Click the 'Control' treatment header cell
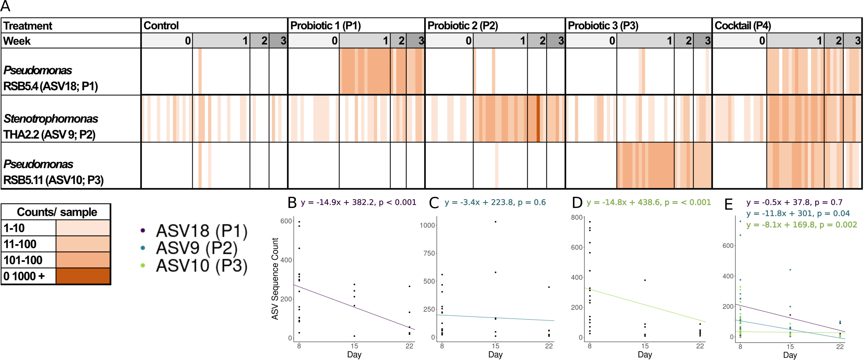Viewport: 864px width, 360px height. coord(161,26)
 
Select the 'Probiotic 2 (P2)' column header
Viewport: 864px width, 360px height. coord(462,26)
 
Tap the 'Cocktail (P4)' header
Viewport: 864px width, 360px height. coord(743,26)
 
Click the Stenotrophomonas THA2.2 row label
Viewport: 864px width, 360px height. coord(50,127)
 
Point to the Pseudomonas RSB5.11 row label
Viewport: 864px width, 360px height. coord(53,172)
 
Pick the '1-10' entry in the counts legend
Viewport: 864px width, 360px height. coord(14,228)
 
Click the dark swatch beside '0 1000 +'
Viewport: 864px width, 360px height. coord(83,276)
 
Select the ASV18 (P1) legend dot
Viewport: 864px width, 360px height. coord(143,230)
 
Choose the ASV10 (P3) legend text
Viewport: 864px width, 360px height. coord(202,265)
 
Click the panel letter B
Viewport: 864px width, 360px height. coord(292,203)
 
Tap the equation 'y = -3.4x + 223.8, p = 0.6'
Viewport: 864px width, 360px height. coord(495,202)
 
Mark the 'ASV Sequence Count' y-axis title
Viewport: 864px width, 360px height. coord(275,278)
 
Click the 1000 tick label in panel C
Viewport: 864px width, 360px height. coord(427,225)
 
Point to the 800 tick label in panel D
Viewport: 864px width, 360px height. coord(576,217)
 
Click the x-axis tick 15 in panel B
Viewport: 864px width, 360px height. coord(354,346)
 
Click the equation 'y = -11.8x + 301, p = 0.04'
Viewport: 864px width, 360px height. coord(798,213)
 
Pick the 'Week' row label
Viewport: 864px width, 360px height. coord(17,41)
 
